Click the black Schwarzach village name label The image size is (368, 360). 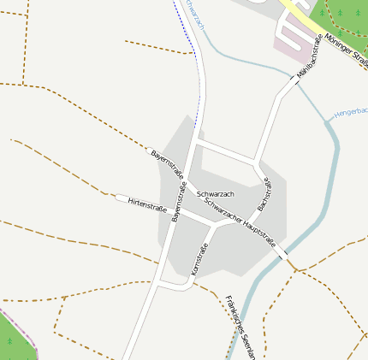(x=215, y=195)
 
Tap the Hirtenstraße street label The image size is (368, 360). (x=146, y=204)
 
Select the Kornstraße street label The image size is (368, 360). (x=199, y=259)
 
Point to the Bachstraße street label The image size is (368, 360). (x=264, y=194)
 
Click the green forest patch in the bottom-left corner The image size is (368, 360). (x=15, y=339)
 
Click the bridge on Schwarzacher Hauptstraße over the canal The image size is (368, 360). (x=282, y=255)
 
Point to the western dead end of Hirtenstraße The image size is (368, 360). (x=119, y=198)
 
